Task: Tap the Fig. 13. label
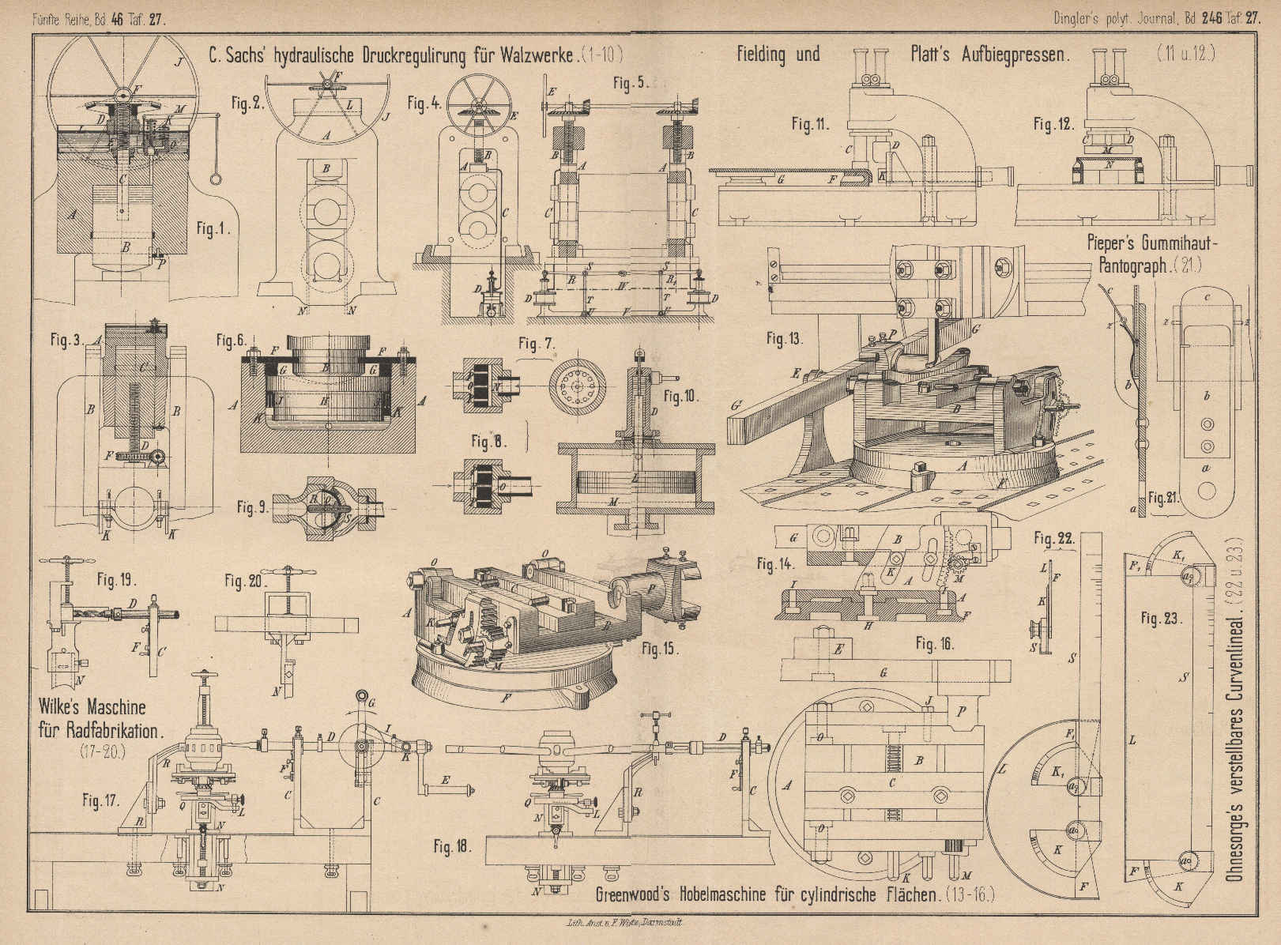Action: click(785, 339)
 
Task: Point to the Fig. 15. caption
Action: click(661, 649)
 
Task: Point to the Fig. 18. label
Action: click(453, 849)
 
